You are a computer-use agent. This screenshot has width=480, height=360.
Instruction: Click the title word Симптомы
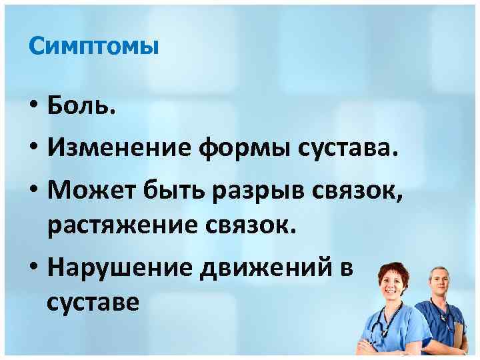(x=93, y=47)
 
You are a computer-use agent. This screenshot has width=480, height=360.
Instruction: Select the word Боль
(x=81, y=106)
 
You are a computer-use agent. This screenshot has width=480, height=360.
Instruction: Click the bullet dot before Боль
(x=34, y=107)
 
